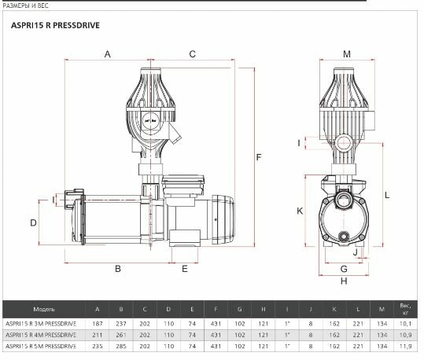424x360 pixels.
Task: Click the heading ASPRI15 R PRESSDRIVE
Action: click(x=55, y=25)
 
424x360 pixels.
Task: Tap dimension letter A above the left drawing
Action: click(x=107, y=54)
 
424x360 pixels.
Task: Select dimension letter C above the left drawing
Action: click(x=192, y=54)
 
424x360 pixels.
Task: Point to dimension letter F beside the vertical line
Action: click(x=259, y=157)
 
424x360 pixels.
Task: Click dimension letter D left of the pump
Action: click(x=33, y=223)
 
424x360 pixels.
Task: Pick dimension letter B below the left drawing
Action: click(x=118, y=269)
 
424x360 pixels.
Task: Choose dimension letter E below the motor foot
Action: click(x=185, y=269)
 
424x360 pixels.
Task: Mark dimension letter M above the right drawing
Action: click(x=347, y=54)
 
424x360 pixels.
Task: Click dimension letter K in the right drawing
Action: click(x=300, y=211)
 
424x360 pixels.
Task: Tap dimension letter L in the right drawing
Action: click(x=387, y=195)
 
